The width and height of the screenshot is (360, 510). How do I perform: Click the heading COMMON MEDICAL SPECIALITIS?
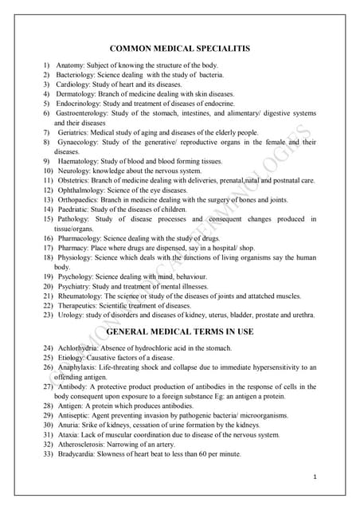pyautogui.click(x=179, y=49)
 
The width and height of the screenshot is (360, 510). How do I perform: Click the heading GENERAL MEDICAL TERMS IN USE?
pyautogui.click(x=179, y=330)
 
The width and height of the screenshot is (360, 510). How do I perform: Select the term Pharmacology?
pyautogui.click(x=80, y=237)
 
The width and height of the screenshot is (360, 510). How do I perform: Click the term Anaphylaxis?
pyautogui.click(x=80, y=367)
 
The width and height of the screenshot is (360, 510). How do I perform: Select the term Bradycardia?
pyautogui.click(x=80, y=453)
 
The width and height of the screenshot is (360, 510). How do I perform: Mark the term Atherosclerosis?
pyautogui.click(x=84, y=444)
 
